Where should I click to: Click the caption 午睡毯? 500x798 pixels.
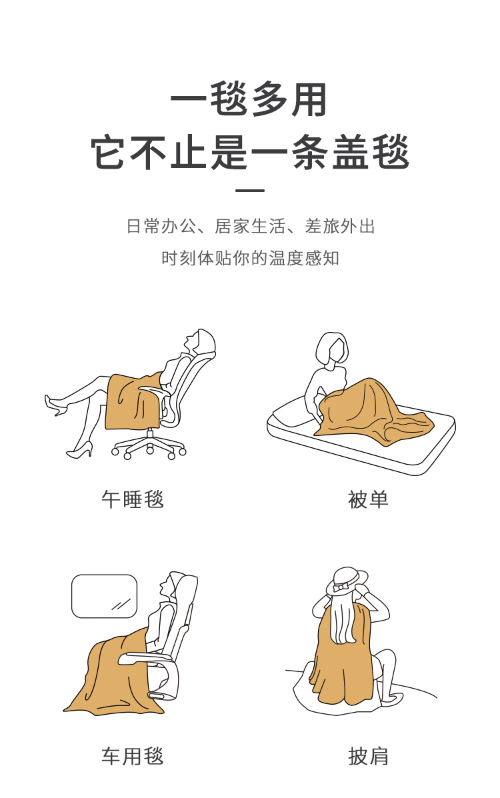(133, 499)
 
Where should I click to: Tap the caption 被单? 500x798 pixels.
(368, 499)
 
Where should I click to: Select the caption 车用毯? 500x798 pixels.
(133, 756)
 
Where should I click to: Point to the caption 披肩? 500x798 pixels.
(368, 756)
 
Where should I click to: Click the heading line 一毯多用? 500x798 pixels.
(249, 100)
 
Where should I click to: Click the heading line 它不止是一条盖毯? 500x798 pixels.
(249, 151)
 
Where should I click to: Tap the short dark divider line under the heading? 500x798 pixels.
(250, 191)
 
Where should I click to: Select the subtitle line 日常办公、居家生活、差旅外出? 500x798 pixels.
(251, 226)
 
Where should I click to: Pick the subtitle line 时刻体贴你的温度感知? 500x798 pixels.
(251, 258)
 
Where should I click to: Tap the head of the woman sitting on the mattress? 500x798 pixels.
(332, 349)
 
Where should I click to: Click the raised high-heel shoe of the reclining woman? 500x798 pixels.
(56, 405)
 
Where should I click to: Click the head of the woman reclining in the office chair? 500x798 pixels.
(199, 340)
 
